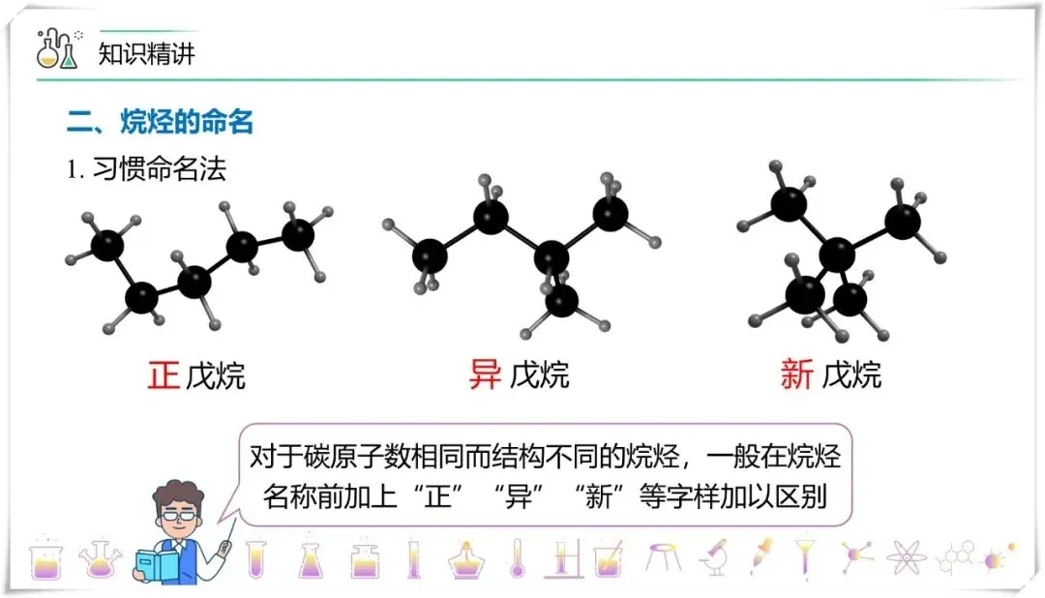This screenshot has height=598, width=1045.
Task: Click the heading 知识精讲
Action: point(147,53)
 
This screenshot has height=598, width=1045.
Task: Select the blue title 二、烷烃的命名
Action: point(160,123)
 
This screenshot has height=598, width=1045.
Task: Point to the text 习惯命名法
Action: point(159,169)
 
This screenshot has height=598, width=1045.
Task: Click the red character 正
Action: point(164,374)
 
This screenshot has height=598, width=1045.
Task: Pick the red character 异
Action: point(485,374)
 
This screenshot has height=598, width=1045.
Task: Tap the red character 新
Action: point(797,374)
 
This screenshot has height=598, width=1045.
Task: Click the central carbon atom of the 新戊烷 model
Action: point(837,255)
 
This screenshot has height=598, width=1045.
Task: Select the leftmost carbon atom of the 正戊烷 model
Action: point(107,244)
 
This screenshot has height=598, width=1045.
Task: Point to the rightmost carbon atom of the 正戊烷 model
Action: point(298,233)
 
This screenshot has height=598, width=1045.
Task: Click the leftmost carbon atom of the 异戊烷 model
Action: point(430,256)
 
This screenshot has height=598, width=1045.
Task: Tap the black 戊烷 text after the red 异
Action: point(539,374)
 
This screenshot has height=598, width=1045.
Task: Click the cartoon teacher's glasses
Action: point(178,516)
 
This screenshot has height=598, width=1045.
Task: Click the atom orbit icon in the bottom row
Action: point(906,558)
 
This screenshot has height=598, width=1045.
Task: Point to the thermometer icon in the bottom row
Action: point(517,558)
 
